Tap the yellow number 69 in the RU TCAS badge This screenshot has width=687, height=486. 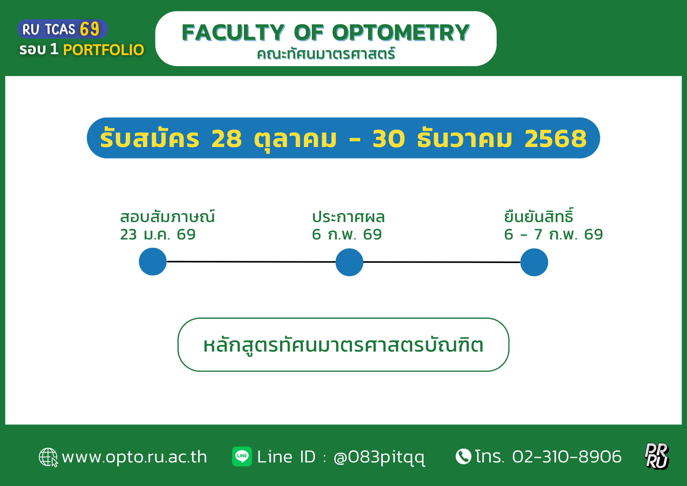pyautogui.click(x=90, y=29)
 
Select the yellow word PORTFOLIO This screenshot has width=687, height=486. pyautogui.click(x=103, y=50)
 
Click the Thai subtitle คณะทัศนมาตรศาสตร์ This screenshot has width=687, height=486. pyautogui.click(x=326, y=54)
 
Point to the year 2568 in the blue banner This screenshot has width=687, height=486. pyautogui.click(x=555, y=138)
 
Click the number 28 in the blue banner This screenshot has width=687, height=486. pyautogui.click(x=226, y=138)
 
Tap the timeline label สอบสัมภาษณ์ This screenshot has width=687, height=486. pyautogui.click(x=167, y=216)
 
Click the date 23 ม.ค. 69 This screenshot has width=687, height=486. pyautogui.click(x=158, y=235)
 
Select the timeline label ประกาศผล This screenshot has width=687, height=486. pyautogui.click(x=348, y=217)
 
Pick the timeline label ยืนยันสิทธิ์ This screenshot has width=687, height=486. pyautogui.click(x=539, y=216)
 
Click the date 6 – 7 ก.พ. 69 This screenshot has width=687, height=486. pyautogui.click(x=553, y=235)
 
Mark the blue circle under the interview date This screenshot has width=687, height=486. pyautogui.click(x=153, y=262)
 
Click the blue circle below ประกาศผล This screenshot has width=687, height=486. pyautogui.click(x=349, y=262)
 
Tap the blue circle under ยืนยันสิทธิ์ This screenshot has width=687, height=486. pyautogui.click(x=534, y=262)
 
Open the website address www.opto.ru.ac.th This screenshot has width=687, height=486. pyautogui.click(x=134, y=457)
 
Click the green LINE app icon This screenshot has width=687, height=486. pyautogui.click(x=242, y=456)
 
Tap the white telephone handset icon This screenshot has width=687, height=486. pyautogui.click(x=463, y=457)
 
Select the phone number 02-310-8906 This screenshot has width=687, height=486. pyautogui.click(x=567, y=457)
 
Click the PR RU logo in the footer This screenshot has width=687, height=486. pyautogui.click(x=657, y=456)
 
